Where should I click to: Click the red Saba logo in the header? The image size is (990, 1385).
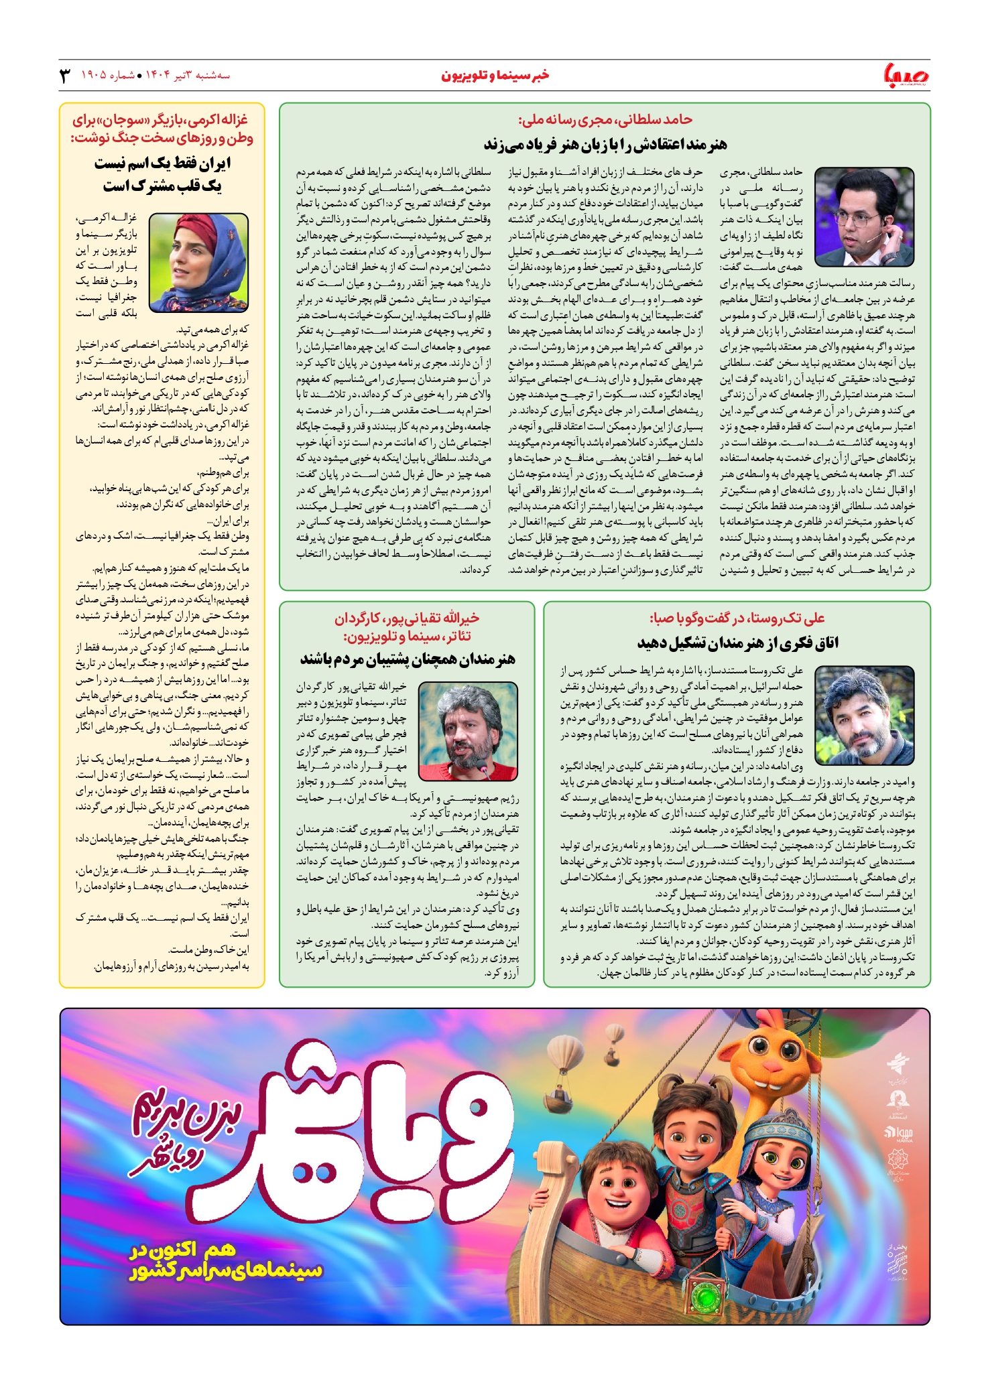(906, 75)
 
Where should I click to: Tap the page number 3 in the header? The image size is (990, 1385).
(65, 75)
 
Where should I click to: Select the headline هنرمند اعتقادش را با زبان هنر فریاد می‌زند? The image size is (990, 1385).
(605, 144)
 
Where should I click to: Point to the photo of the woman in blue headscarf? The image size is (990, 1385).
(198, 263)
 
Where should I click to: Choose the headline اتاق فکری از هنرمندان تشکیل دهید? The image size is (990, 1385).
(737, 643)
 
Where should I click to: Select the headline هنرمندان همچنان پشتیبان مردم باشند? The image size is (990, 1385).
(408, 659)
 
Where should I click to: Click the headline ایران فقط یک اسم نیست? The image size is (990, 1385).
(162, 163)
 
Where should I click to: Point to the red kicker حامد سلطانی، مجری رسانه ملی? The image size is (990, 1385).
(605, 120)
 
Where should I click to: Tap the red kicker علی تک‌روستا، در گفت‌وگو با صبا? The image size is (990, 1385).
(737, 618)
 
